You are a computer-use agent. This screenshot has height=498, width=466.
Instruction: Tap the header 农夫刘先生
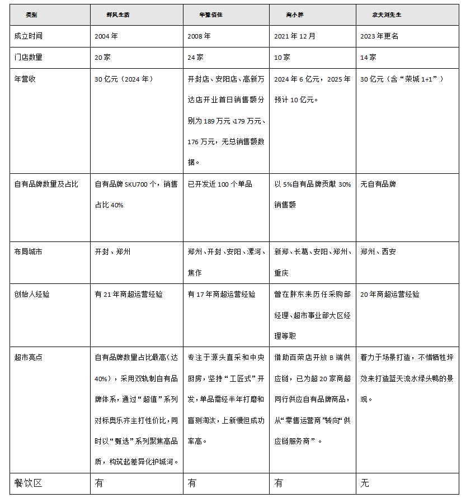387,15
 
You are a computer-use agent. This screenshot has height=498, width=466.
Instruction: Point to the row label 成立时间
29,36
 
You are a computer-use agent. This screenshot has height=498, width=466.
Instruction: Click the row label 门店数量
29,57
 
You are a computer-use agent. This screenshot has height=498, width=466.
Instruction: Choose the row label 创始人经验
32,294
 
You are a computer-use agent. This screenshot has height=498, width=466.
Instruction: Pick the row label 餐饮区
29,483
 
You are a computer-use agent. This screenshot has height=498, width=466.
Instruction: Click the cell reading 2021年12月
295,36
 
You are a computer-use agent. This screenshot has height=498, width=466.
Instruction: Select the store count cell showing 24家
196,57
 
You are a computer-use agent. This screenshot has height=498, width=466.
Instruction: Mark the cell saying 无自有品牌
378,184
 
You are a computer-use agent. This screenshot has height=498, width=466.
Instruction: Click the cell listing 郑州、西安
378,252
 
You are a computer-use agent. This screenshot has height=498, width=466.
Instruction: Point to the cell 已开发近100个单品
220,184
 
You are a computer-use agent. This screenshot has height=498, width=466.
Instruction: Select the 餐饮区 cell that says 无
365,483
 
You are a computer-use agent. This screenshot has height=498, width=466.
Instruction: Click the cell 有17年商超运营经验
222,294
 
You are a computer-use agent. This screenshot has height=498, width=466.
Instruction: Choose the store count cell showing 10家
283,57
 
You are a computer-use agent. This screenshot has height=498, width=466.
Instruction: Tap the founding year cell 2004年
107,36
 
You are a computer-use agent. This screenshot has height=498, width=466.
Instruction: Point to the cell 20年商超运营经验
390,294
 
